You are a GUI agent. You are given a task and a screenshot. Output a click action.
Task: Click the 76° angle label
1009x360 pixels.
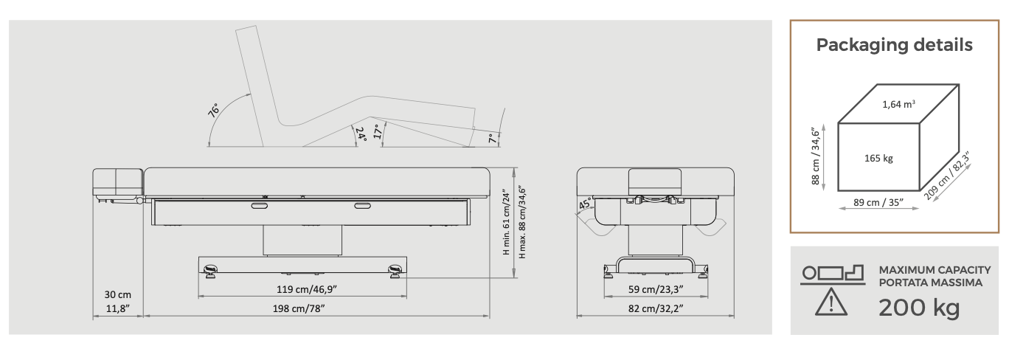point(213,111)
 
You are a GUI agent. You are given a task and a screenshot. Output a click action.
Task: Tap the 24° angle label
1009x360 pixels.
point(361,134)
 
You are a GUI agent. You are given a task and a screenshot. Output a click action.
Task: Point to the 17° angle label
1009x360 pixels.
point(378,131)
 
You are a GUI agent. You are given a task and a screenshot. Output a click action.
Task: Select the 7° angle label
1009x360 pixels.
point(493,139)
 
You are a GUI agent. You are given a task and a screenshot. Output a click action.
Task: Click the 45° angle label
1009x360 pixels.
point(585,204)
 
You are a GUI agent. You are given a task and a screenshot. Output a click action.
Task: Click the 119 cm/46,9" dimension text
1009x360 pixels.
point(307,289)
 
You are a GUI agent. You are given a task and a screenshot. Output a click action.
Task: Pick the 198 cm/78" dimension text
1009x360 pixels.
point(299,308)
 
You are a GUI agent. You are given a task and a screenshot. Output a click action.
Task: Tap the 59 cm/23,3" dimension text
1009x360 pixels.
point(656,289)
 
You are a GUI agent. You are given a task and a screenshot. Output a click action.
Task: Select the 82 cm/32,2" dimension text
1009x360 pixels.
point(656,308)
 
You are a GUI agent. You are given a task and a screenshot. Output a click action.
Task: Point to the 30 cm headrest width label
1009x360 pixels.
point(118,294)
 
